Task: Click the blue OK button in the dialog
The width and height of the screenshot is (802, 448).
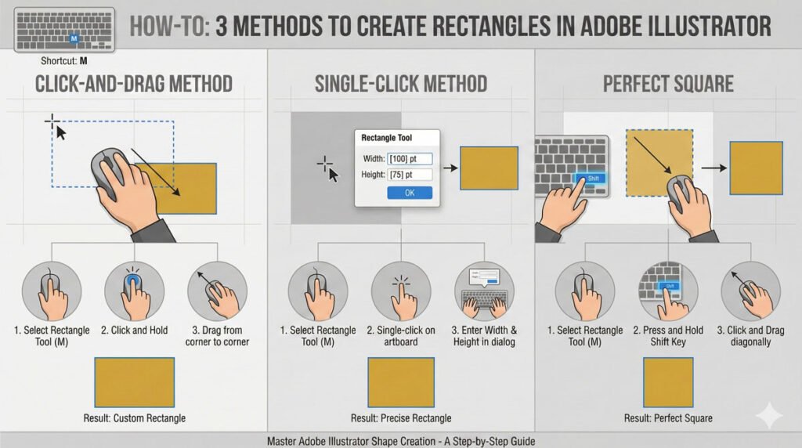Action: pos(410,193)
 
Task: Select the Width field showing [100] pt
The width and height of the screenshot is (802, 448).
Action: pos(410,158)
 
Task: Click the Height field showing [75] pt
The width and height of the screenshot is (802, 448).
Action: pos(410,175)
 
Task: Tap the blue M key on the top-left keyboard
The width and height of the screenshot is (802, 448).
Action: pos(74,38)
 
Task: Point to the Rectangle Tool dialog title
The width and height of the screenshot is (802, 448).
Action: pos(387,138)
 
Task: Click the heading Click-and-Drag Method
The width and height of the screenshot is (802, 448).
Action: pos(134,84)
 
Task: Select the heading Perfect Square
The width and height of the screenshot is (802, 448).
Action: pos(668,84)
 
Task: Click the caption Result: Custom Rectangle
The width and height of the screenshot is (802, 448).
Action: pos(135,418)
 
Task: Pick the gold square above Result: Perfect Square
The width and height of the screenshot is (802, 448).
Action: pos(668,382)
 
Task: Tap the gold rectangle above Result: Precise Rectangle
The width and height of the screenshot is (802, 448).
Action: pos(401,382)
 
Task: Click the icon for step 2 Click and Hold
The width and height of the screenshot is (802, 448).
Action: pos(135,291)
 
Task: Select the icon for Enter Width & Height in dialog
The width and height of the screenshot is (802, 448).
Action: pos(484,291)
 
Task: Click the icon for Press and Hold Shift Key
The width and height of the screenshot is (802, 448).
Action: pos(668,291)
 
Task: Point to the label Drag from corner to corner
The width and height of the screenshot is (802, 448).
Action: pos(218,336)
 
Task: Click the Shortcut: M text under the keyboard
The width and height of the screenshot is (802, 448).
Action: pos(64,61)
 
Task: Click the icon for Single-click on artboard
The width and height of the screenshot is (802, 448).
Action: pos(401,291)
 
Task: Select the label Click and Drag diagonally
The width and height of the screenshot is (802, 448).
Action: pos(750,336)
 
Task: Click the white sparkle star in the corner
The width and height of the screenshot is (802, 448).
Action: pos(769,417)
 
